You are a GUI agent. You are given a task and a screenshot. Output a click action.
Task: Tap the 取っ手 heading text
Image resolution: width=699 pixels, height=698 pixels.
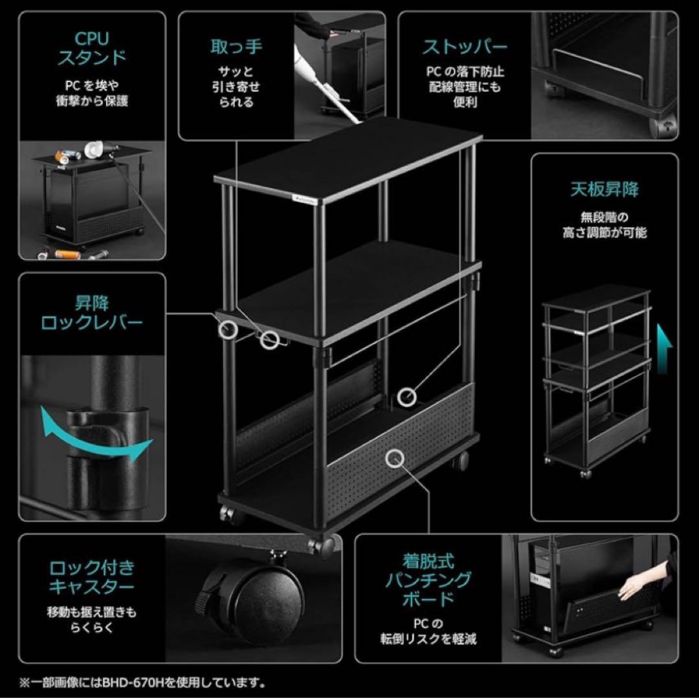[236, 47]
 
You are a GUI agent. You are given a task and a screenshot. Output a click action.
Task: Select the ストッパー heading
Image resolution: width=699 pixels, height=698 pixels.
[465, 47]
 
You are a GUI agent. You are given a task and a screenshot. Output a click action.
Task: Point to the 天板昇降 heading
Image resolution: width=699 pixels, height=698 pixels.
[604, 190]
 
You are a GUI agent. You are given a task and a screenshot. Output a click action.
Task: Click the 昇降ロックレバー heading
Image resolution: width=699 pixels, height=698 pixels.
[92, 312]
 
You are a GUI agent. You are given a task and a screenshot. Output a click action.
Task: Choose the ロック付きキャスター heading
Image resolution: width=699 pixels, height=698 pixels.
[92, 577]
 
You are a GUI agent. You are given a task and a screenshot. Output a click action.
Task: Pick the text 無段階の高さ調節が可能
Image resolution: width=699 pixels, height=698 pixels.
[604, 225]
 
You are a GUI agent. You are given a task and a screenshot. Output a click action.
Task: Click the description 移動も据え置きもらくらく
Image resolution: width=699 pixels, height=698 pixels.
[91, 618]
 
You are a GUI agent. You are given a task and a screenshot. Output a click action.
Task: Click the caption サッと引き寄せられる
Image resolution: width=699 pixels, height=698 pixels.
[236, 87]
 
